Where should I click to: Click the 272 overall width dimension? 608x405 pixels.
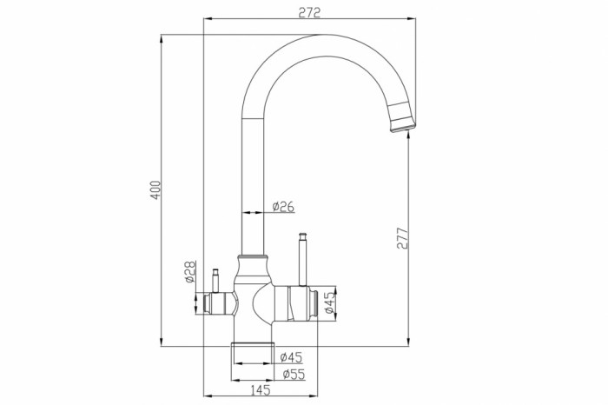(309, 12)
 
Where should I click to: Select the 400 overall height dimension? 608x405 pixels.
(155, 190)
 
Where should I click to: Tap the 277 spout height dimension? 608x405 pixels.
(403, 238)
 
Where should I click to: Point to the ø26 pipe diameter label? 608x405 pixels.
(283, 207)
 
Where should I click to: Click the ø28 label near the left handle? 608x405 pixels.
(189, 271)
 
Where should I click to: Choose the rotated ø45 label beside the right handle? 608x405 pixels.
(329, 302)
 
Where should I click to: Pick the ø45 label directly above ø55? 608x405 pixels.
(291, 357)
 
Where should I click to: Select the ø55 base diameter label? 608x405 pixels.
(294, 375)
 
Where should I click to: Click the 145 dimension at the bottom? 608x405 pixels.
(261, 390)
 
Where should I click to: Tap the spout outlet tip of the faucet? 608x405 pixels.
(403, 127)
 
